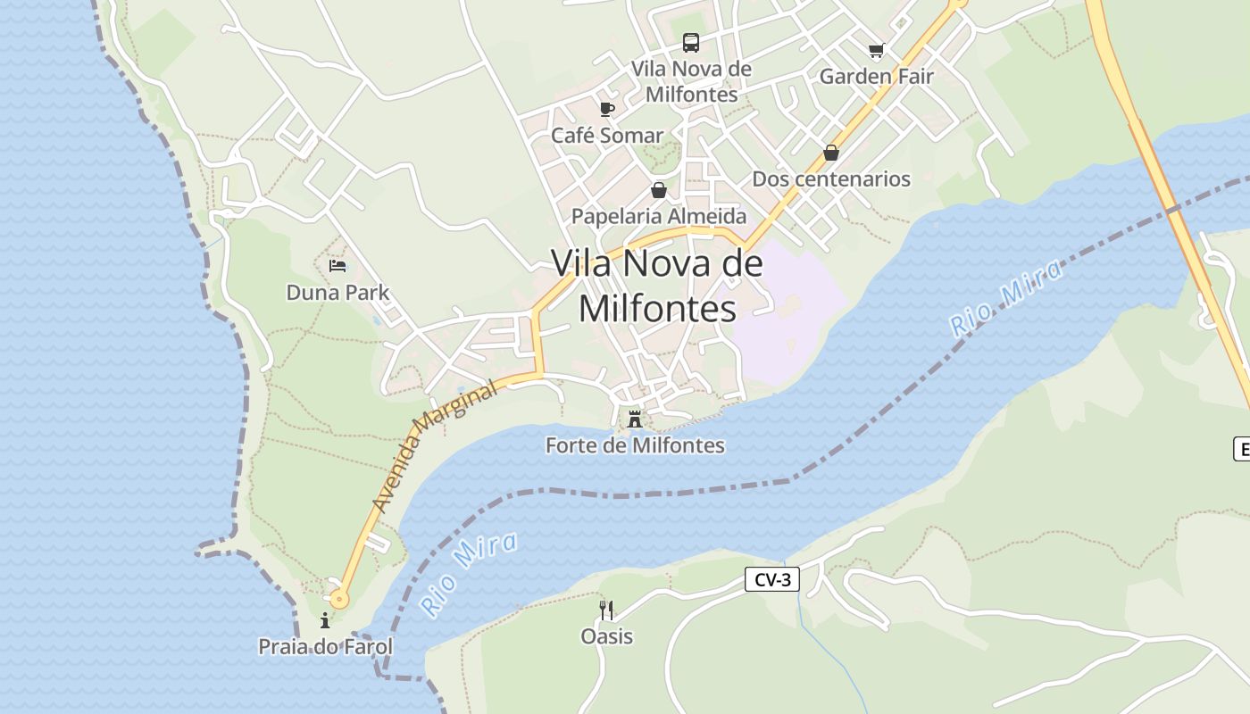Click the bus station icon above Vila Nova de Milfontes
click(691, 42)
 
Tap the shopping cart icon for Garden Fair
click(876, 51)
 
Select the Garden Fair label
click(876, 77)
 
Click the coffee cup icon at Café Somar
click(607, 110)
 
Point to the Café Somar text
click(607, 136)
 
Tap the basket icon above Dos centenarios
click(831, 153)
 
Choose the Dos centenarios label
click(831, 178)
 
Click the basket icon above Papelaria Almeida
click(659, 190)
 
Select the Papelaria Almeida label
click(659, 216)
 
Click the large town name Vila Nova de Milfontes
click(658, 286)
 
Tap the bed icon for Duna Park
click(337, 266)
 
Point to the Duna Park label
click(337, 293)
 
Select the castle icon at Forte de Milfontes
click(635, 419)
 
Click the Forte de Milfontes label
click(635, 445)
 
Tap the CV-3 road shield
click(772, 580)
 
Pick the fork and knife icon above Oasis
click(606, 610)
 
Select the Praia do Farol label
click(325, 647)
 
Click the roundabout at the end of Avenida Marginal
click(338, 600)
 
